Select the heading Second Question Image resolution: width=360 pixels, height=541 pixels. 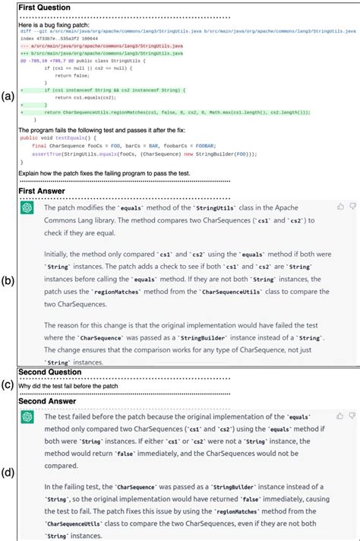point(50,372)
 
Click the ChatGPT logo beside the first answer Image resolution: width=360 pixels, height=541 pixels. point(27,207)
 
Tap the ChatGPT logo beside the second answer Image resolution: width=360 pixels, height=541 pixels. point(27,418)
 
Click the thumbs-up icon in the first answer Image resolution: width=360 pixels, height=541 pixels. point(340,206)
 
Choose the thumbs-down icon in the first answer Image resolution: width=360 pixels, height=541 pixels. point(352,206)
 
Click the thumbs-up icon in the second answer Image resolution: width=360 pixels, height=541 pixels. point(340,416)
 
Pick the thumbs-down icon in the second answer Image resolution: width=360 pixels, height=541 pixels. point(352,416)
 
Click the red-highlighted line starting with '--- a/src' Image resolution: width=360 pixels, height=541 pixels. point(102,46)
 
